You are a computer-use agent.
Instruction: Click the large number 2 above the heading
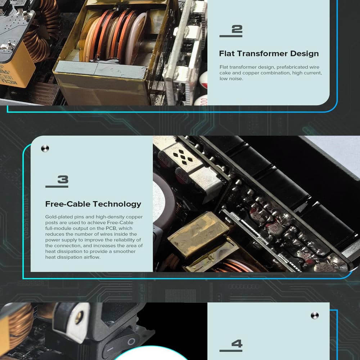(237, 29)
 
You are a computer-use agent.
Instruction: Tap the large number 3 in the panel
(63, 179)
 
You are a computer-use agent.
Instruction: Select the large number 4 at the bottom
(237, 344)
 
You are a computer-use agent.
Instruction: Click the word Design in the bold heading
(304, 54)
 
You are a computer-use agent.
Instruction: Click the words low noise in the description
(231, 78)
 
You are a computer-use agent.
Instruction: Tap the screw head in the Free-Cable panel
(45, 149)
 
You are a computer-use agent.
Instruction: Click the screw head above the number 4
(315, 315)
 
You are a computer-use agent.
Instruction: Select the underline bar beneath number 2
(231, 36)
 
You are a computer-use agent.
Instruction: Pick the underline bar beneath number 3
(57, 186)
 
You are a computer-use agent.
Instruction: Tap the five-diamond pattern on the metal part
(183, 157)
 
